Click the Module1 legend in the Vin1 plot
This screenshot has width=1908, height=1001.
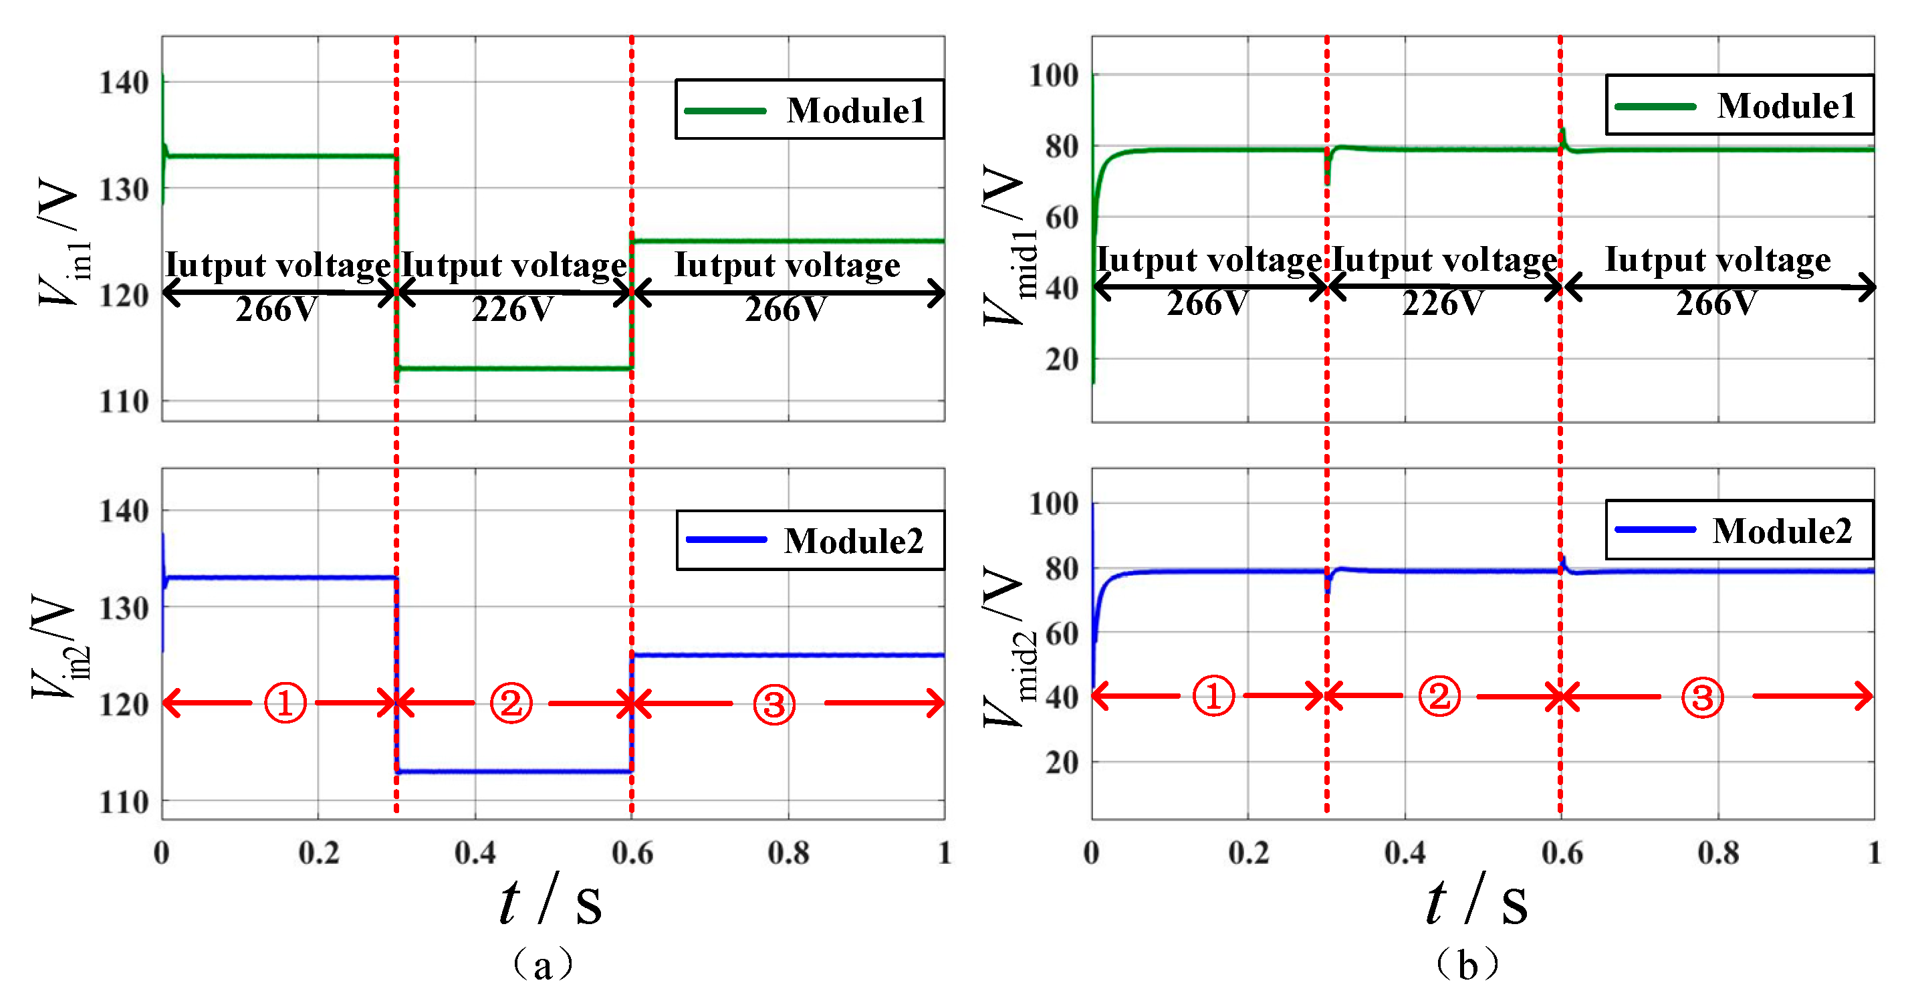point(810,110)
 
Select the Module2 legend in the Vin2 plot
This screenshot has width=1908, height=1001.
point(810,540)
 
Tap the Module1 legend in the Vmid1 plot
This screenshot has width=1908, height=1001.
point(1739,105)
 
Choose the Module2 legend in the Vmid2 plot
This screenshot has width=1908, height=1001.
point(1739,530)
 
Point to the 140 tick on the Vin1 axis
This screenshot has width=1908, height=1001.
point(124,82)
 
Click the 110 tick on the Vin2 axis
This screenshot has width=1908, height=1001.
point(124,802)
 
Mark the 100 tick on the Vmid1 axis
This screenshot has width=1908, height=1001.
point(1053,75)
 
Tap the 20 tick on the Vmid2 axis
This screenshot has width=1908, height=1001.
point(1062,762)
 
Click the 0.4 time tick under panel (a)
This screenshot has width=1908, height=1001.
point(475,853)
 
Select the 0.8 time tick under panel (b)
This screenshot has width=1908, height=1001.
point(1718,853)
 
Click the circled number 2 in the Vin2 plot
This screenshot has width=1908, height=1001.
point(511,702)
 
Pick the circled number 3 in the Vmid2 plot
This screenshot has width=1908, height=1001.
point(1702,697)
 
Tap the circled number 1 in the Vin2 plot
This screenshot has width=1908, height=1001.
point(285,702)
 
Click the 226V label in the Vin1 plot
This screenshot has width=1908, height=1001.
point(513,309)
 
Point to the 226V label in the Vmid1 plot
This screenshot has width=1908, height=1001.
point(1443,303)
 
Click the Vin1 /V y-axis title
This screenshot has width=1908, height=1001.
point(63,241)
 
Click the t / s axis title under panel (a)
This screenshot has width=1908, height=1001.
point(550,900)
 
